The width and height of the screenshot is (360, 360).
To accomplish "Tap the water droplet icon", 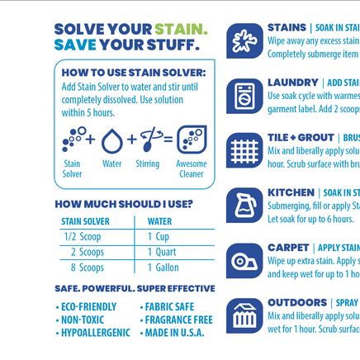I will pyautogui.click(x=112, y=141).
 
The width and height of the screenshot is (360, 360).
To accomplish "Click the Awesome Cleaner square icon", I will pyautogui.click(x=192, y=140).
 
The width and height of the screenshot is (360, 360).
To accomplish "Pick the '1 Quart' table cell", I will pyautogui.click(x=162, y=252).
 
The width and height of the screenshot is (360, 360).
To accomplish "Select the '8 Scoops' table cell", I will pyautogui.click(x=86, y=268).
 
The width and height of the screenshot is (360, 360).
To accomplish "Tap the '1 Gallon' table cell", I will pyautogui.click(x=163, y=268).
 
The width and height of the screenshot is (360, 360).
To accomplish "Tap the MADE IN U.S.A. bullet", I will pyautogui.click(x=176, y=333).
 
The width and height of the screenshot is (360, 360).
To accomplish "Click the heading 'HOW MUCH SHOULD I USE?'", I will pyautogui.click(x=124, y=203).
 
